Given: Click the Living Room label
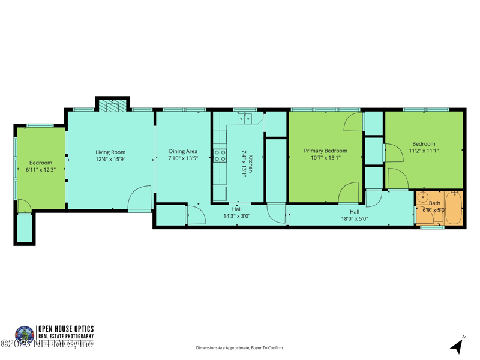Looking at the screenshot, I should pyautogui.click(x=110, y=152).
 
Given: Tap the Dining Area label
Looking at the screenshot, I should pyautogui.click(x=183, y=152).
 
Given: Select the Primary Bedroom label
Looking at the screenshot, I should pyautogui.click(x=325, y=151).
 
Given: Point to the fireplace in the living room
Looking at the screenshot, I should pyautogui.click(x=112, y=106).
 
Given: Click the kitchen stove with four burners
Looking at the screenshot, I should pyautogui.click(x=220, y=156).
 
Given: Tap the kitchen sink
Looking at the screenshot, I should pyautogui.click(x=245, y=119).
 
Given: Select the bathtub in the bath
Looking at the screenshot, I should pyautogui.click(x=454, y=208).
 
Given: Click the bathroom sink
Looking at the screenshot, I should pyautogui.click(x=422, y=197).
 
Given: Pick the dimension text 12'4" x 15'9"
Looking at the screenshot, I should pyautogui.click(x=110, y=160).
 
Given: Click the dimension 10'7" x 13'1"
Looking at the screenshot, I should pyautogui.click(x=325, y=158).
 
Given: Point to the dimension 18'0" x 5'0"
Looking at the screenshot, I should pyautogui.click(x=354, y=219).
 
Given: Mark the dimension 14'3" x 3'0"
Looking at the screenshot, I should pyautogui.click(x=236, y=216).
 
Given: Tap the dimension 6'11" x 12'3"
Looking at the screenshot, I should pyautogui.click(x=41, y=170).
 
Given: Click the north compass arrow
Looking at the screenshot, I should pyautogui.click(x=458, y=345).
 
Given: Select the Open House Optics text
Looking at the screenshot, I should pyautogui.click(x=65, y=329).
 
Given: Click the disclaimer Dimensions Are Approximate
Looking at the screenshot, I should pyautogui.click(x=239, y=347).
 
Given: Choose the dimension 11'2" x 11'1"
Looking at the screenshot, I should pyautogui.click(x=424, y=151).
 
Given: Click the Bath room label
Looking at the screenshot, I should pyautogui.click(x=434, y=203).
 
